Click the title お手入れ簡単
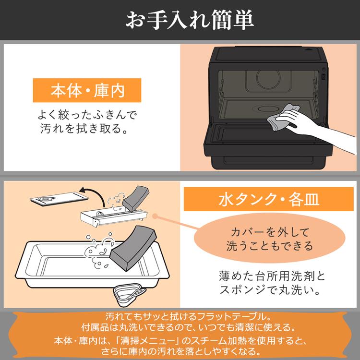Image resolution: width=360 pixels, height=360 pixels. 190,20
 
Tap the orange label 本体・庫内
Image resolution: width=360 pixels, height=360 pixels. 87,90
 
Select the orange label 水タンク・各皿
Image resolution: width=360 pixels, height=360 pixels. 269,199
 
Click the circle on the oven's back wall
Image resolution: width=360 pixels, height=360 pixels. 269,78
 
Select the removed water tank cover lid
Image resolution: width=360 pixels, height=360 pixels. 59,199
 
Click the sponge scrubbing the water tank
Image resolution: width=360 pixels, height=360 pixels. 135,199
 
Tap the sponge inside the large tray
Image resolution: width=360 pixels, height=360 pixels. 132,248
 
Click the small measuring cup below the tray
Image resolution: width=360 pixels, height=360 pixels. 129,295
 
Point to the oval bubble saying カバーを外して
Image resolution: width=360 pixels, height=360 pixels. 270,238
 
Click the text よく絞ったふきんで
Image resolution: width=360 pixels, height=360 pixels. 87,115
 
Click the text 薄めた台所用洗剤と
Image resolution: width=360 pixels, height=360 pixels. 272,276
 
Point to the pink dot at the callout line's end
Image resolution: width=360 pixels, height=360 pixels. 156,216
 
